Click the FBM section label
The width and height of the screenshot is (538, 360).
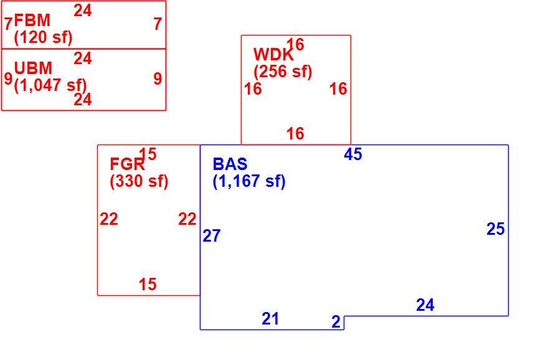[x=32, y=21]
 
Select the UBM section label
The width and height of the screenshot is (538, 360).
[x=33, y=69]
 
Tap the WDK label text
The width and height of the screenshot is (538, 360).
[x=273, y=55]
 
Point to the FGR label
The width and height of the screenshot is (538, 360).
[x=127, y=164]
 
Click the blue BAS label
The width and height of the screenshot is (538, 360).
[x=230, y=164]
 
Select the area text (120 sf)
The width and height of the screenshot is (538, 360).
[x=43, y=37]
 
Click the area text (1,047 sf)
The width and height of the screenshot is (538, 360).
[x=50, y=85]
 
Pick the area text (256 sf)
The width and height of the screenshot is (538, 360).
[x=283, y=72]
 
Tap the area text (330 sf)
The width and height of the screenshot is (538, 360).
[x=139, y=181]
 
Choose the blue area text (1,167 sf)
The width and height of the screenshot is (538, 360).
[x=249, y=181]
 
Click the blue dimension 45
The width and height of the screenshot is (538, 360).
[x=353, y=154]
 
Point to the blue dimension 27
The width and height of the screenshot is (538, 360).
[x=211, y=236]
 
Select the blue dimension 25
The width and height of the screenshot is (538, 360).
[x=496, y=229]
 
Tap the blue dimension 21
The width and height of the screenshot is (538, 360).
[x=270, y=319]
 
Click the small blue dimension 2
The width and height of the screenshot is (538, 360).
[x=336, y=322]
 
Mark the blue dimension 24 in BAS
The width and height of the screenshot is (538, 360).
[x=425, y=305]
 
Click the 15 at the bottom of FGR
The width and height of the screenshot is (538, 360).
[x=148, y=285]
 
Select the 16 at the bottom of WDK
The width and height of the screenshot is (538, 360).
[x=295, y=133]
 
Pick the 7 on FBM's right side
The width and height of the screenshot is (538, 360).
[x=158, y=24]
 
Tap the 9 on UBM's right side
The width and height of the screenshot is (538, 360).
[x=158, y=78]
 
